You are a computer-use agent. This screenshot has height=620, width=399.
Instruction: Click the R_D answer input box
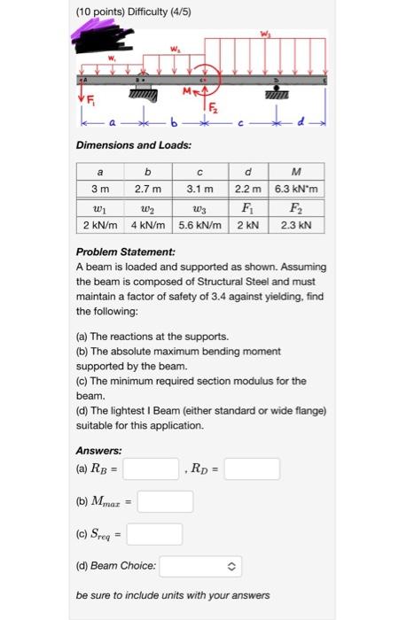click(x=252, y=469)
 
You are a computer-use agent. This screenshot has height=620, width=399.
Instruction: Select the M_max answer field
click(x=165, y=501)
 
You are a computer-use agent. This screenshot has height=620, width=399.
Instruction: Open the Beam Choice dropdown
click(x=200, y=564)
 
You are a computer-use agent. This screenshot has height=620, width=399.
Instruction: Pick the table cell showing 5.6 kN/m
click(x=202, y=226)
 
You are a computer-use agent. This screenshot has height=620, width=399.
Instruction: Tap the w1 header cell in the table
click(x=98, y=209)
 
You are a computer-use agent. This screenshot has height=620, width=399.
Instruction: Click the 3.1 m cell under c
click(x=202, y=190)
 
